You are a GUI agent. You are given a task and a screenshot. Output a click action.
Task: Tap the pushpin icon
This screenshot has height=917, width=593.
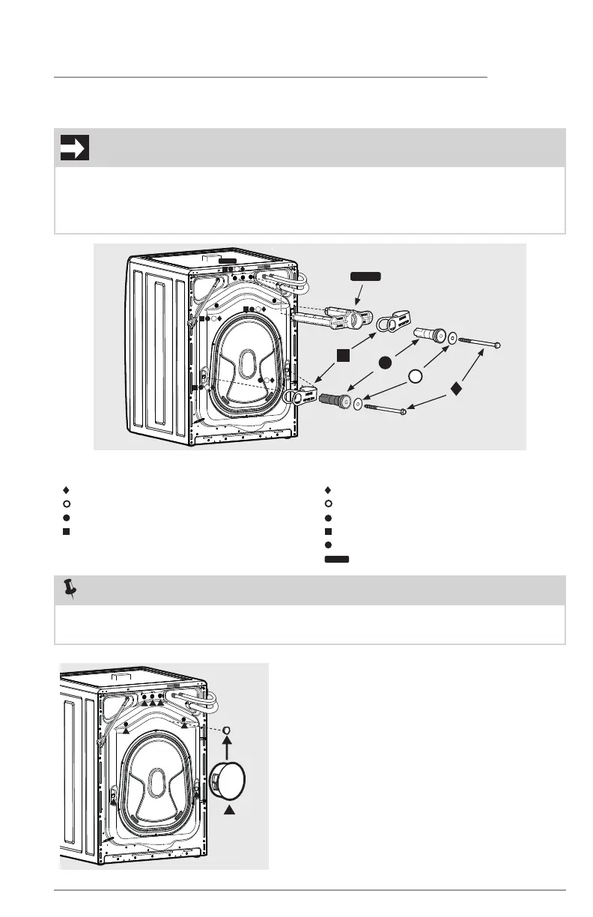coord(71,591)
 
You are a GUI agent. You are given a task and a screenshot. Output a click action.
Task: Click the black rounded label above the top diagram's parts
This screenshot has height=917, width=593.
coord(365,276)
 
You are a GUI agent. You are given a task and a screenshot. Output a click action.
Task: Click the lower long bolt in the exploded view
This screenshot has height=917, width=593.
coord(384,408)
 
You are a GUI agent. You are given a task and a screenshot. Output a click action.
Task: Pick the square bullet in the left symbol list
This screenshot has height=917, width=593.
coord(66,531)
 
